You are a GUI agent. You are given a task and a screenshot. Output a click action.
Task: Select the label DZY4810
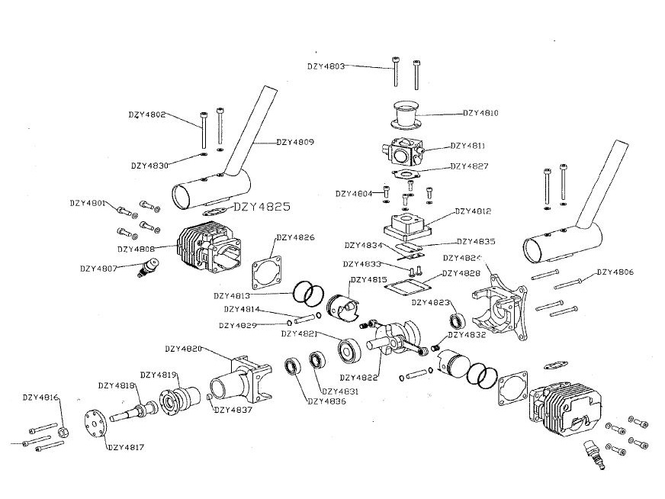pyautogui.click(x=481, y=113)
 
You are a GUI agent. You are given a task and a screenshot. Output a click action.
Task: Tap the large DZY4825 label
pyautogui.click(x=261, y=206)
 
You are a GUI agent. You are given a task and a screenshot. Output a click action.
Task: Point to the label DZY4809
pyautogui.click(x=295, y=142)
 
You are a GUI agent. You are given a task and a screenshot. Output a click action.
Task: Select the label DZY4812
pyautogui.click(x=474, y=211)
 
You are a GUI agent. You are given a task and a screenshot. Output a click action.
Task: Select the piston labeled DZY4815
pyautogui.click(x=342, y=307)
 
